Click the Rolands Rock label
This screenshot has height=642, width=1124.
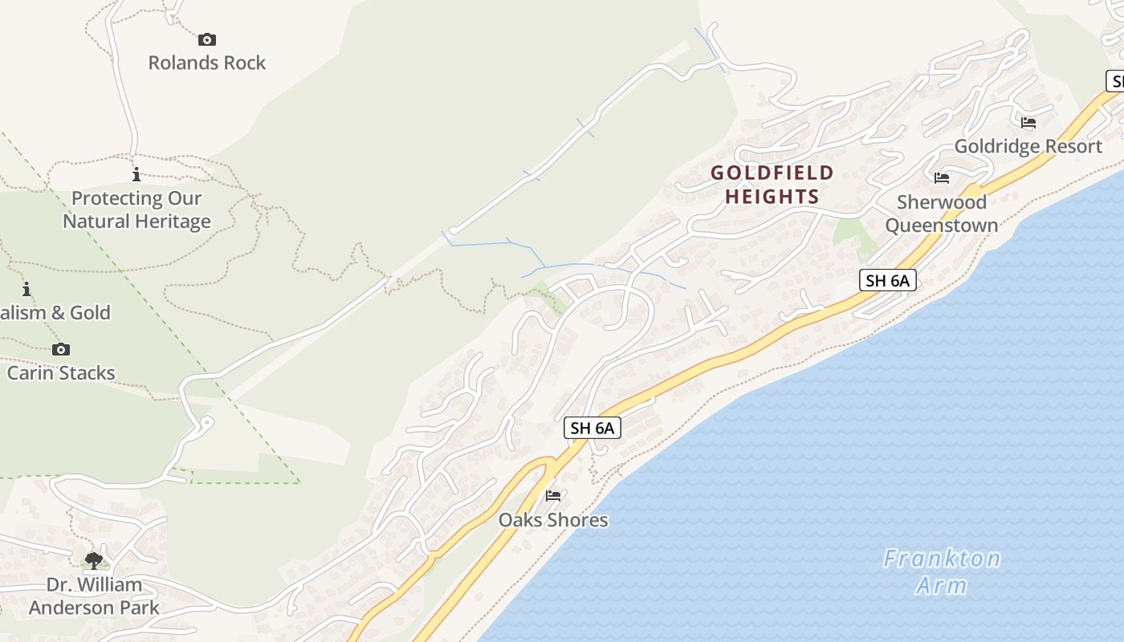(x=206, y=63)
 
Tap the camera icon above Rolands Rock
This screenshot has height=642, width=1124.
(x=207, y=39)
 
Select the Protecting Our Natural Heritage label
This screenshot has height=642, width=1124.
(x=137, y=209)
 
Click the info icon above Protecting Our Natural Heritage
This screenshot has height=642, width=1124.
(x=136, y=174)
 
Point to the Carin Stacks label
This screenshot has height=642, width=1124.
(x=61, y=372)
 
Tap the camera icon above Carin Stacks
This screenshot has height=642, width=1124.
(x=61, y=349)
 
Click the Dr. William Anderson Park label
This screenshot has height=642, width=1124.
(x=94, y=595)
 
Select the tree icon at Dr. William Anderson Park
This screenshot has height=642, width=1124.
(x=94, y=560)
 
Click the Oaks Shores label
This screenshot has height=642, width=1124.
(x=553, y=519)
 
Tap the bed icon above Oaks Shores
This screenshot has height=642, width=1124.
(x=553, y=495)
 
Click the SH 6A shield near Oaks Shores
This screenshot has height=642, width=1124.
(x=593, y=428)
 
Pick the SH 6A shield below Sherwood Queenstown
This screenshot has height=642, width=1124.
(x=887, y=280)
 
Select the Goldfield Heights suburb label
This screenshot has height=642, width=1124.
(x=772, y=185)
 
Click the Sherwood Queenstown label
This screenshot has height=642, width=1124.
(x=942, y=213)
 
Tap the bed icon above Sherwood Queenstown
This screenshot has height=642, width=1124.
(x=942, y=177)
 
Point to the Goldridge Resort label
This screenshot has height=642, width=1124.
(x=1028, y=146)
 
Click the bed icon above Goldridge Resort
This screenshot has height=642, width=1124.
(x=1028, y=123)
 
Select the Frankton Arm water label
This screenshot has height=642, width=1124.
(x=942, y=571)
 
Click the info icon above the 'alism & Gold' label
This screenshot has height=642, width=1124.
(x=26, y=289)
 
